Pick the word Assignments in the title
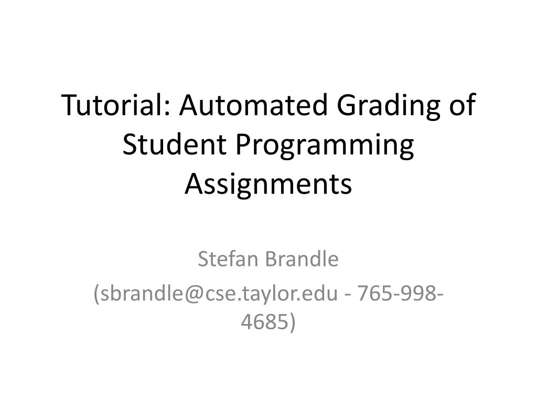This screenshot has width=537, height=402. pyautogui.click(x=268, y=184)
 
